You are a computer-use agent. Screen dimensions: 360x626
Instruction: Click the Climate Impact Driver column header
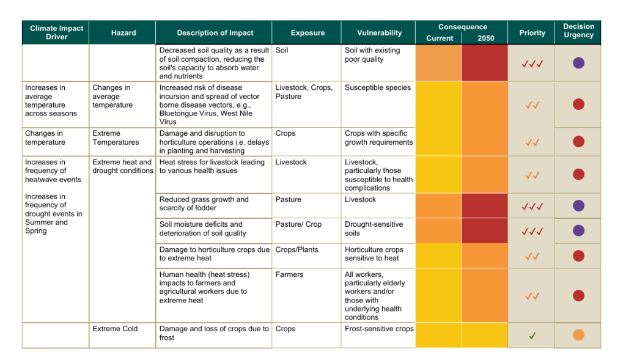tap(56, 32)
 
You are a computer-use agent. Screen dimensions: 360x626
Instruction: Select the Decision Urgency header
tap(578, 31)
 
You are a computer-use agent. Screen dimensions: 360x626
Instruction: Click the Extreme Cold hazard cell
tap(115, 329)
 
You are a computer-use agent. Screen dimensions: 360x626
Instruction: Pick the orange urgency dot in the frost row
tap(578, 335)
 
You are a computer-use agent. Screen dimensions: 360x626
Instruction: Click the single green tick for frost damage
tap(532, 336)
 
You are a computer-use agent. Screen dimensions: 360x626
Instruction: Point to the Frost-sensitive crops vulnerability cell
tap(379, 329)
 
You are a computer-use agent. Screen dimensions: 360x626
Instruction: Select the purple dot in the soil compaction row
tap(578, 63)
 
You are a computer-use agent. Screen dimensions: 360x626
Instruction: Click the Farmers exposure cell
tap(289, 274)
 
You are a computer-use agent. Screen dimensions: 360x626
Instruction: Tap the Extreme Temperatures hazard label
tap(116, 138)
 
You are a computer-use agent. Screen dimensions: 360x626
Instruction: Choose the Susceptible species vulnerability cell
tap(377, 87)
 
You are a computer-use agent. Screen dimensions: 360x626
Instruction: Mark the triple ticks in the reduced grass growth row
tap(532, 206)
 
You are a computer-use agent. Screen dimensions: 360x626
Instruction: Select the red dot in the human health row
tap(578, 296)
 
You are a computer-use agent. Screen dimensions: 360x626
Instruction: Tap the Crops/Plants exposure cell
tap(296, 249)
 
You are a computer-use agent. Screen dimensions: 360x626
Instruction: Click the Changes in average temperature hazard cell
tap(112, 96)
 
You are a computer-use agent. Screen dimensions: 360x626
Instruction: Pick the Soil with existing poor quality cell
tap(372, 54)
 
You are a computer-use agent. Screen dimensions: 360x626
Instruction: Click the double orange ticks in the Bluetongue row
tap(532, 105)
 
